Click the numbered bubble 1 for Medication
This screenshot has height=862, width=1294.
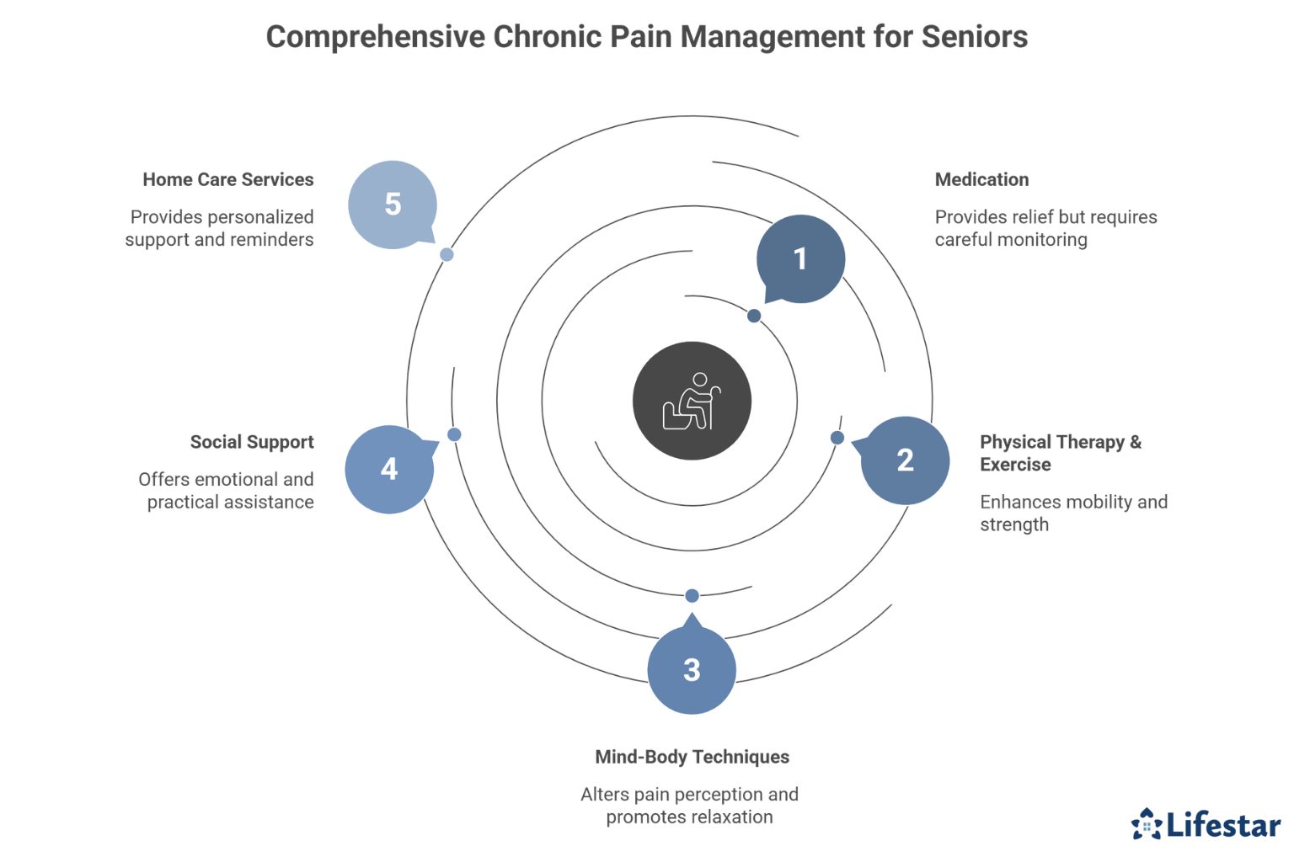click(800, 258)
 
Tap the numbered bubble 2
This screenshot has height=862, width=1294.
click(905, 460)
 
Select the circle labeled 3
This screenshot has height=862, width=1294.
click(692, 670)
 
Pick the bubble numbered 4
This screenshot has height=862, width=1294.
click(389, 469)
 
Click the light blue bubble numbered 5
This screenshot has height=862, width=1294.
click(393, 205)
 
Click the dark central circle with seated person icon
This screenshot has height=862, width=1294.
click(692, 401)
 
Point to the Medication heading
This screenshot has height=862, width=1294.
click(981, 179)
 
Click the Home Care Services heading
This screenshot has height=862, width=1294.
click(227, 179)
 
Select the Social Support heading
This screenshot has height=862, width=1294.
click(251, 442)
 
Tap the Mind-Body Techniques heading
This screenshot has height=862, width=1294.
click(692, 757)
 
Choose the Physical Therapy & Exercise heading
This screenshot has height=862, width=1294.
click(1060, 453)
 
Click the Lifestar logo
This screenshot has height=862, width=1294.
click(1206, 824)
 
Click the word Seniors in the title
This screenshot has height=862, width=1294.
click(974, 37)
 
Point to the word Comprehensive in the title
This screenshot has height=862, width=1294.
click(376, 37)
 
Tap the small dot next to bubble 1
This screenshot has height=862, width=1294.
click(754, 316)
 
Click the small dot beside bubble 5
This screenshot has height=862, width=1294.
click(447, 254)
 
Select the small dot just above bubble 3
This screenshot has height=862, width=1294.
click(692, 596)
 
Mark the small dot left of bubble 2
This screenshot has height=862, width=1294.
click(837, 438)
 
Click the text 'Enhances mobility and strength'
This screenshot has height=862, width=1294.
click(1072, 513)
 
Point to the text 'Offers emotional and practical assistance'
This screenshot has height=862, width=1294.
click(227, 491)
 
